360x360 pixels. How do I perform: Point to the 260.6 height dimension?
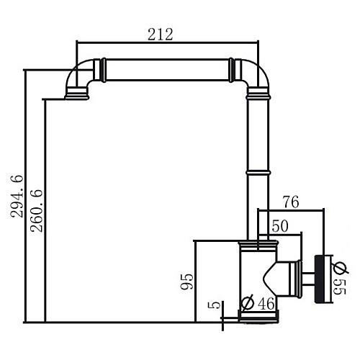click(34, 210)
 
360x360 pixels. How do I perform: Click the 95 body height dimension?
click(186, 280)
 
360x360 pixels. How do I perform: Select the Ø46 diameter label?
click(257, 304)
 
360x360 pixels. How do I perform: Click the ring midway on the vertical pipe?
click(258, 171)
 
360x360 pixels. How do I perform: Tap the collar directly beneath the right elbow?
click(258, 94)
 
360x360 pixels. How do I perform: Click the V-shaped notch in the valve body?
click(273, 275)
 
